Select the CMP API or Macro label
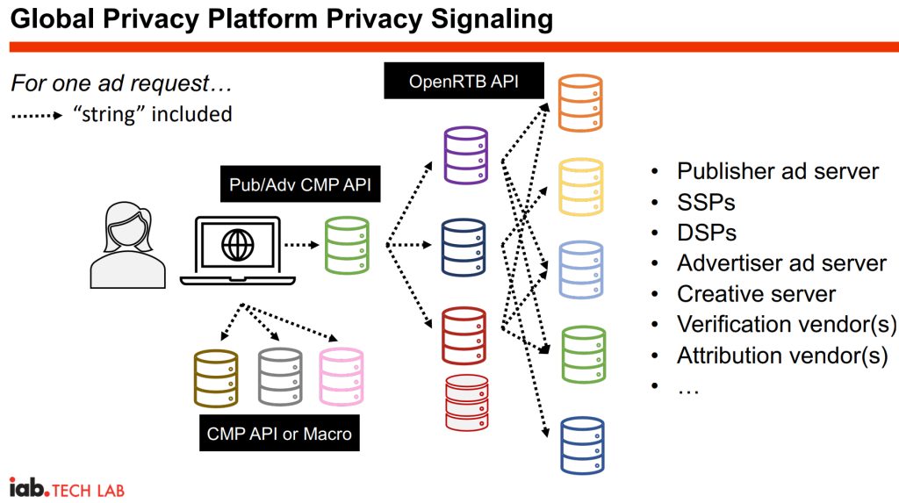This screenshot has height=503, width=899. pos(279,433)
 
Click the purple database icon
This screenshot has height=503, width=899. pos(466,156)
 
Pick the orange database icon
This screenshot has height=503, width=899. pos(581,104)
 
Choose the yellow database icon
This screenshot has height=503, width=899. pos(581,187)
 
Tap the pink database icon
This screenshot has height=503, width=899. pos(341,377)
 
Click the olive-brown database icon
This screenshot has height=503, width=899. pos(216,377)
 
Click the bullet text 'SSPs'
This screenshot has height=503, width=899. pos(706,202)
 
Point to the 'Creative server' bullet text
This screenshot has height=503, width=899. pos(756,294)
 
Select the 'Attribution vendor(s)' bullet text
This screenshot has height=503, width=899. pos(782,356)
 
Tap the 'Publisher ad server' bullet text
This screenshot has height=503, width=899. pos(777,171)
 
